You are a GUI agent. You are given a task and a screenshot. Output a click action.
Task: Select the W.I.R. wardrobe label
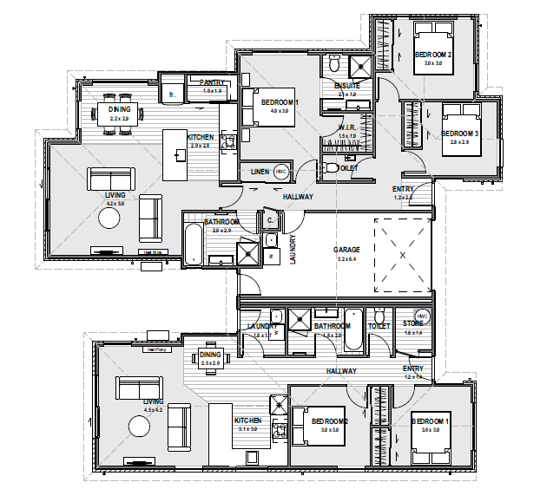346,127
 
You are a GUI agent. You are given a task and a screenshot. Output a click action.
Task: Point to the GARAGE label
346,250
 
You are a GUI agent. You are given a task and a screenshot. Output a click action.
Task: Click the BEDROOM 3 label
460,134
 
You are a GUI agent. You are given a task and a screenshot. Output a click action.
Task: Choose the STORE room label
412,323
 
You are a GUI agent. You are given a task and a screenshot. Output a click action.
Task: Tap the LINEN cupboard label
259,173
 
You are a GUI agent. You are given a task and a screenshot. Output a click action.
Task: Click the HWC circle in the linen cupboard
280,172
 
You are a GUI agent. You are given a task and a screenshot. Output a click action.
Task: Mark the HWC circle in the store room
423,316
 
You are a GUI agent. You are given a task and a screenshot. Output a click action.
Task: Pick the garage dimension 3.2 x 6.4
346,258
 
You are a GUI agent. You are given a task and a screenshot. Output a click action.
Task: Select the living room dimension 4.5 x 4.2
153,409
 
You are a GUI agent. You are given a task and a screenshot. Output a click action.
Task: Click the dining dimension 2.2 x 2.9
119,117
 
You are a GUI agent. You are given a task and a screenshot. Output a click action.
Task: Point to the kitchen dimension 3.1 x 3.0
247,429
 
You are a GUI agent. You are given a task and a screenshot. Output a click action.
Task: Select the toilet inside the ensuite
334,64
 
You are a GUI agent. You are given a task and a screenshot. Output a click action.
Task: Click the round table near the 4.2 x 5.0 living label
110,219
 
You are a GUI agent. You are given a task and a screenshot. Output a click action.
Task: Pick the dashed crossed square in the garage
403,256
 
